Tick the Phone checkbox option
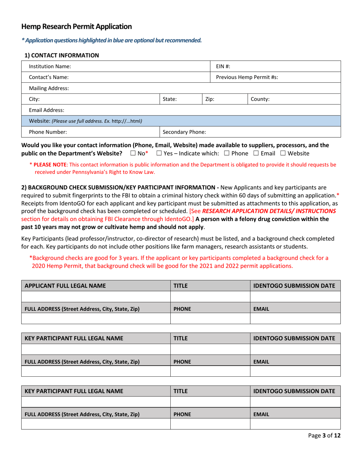[227, 153]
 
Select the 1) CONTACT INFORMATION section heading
[61, 55]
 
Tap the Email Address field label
[45, 110]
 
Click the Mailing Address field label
[48, 88]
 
